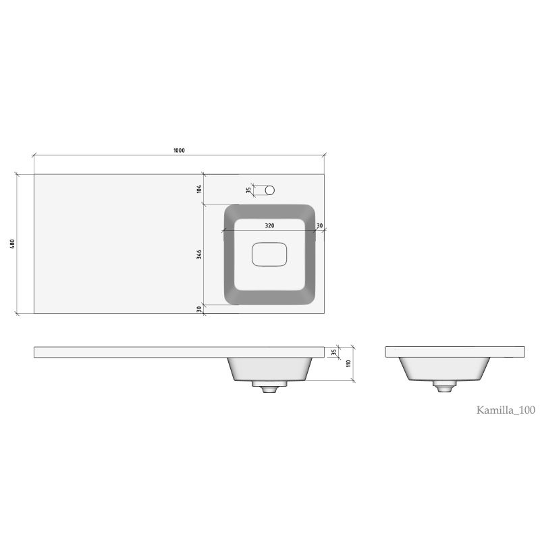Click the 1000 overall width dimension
(179, 150)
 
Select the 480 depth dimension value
(11, 244)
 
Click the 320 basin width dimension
(269, 225)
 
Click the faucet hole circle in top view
(270, 190)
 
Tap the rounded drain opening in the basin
(269, 255)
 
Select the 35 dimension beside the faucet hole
(248, 190)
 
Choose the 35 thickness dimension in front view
(333, 352)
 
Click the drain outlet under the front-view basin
(269, 387)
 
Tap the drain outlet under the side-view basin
(445, 387)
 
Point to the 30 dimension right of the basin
(319, 225)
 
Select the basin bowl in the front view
(269, 369)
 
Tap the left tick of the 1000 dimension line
(34, 155)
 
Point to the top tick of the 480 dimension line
(17, 174)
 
